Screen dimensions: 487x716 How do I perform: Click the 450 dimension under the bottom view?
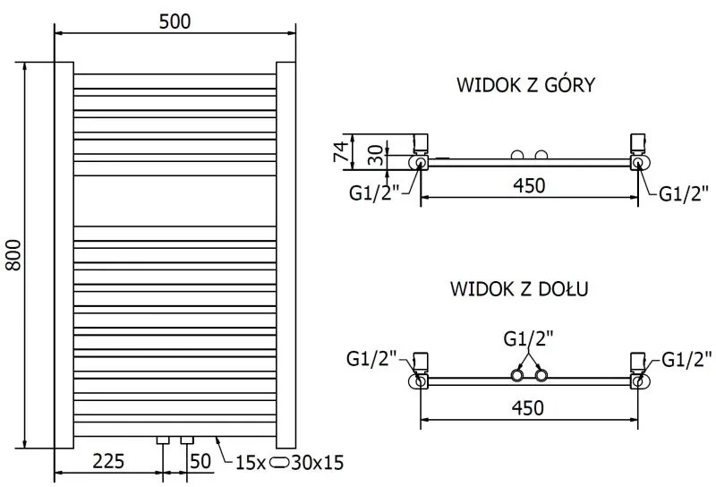point(528,407)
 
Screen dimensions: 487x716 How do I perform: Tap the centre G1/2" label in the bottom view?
point(528,338)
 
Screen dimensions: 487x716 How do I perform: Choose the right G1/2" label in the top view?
point(684,192)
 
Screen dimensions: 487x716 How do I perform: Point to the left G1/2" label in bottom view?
point(371,360)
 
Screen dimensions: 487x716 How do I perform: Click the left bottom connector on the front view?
point(163,440)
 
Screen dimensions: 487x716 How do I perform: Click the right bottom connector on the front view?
point(187,440)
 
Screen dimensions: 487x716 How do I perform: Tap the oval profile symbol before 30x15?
point(279,463)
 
